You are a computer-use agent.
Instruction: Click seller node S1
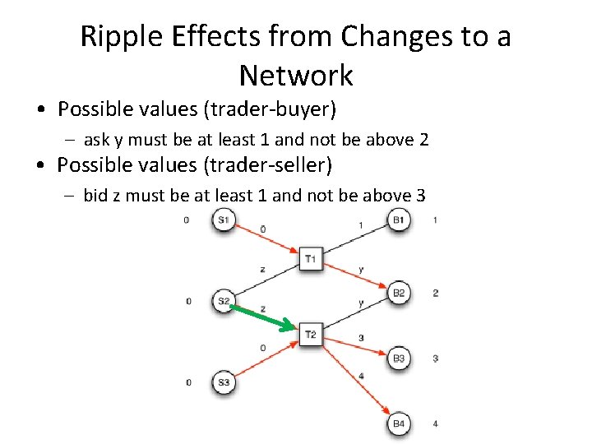point(224,220)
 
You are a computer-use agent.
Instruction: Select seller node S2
point(224,301)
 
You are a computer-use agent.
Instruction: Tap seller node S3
point(224,382)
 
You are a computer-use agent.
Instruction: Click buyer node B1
point(399,220)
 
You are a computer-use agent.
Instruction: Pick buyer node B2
point(399,293)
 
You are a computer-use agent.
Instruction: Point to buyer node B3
point(399,358)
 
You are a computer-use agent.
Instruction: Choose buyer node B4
point(399,423)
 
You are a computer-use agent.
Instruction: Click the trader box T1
point(310,259)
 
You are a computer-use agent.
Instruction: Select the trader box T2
point(310,334)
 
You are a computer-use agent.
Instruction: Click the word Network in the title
point(295,76)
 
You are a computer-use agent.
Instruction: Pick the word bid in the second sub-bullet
point(96,196)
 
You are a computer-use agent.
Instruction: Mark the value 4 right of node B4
point(435,423)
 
